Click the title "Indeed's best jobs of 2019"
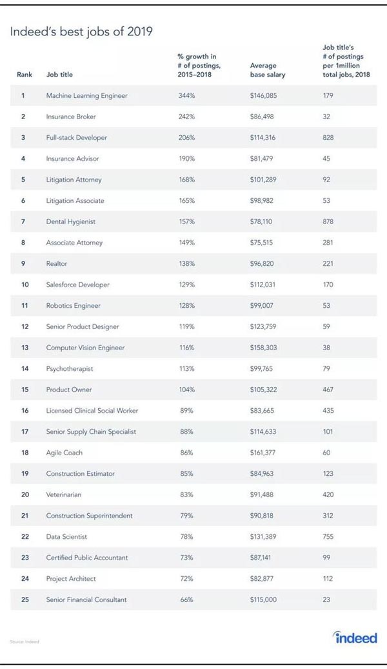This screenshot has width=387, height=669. [x=81, y=32]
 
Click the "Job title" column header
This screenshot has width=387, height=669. [x=59, y=75]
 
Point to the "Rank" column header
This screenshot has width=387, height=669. [x=24, y=75]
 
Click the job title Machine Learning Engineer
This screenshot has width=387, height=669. [x=86, y=96]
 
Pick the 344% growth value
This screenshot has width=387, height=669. [x=186, y=96]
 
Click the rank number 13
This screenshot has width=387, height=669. [x=23, y=348]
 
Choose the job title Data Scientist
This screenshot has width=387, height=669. [x=66, y=536]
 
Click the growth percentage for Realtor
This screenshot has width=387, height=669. [x=186, y=263]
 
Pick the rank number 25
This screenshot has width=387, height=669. [x=23, y=599]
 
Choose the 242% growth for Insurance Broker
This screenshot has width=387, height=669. [x=186, y=117]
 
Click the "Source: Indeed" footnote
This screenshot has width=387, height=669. [x=24, y=641]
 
